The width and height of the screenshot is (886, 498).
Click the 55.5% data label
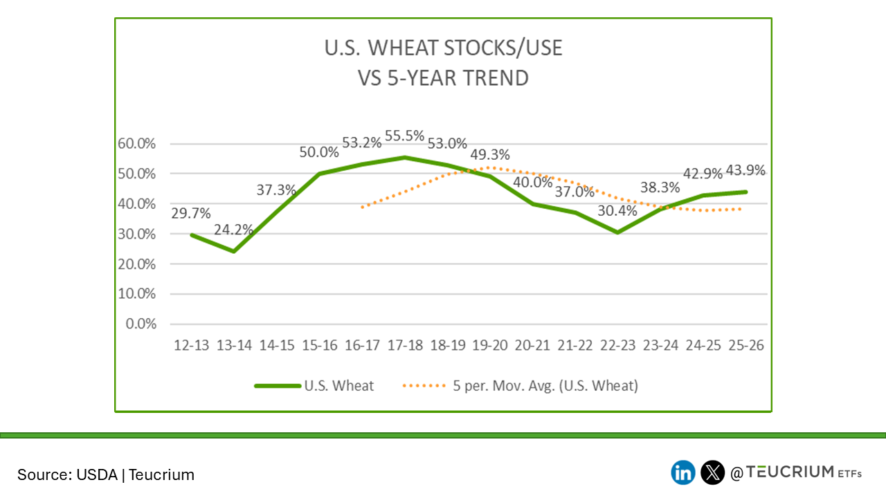point(405,136)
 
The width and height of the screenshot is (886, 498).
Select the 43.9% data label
point(745,171)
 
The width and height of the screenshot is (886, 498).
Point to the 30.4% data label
point(617,211)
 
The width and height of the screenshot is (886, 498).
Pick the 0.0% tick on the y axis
point(141,324)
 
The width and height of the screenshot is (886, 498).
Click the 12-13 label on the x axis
point(192,346)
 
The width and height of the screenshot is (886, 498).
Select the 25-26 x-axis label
point(746,346)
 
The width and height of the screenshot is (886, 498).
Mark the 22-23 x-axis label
point(618,346)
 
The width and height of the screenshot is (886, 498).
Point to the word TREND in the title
point(493,77)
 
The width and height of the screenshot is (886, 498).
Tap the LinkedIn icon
point(683,473)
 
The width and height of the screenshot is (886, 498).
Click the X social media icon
point(712,473)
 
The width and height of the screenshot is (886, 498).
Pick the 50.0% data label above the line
point(319,152)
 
